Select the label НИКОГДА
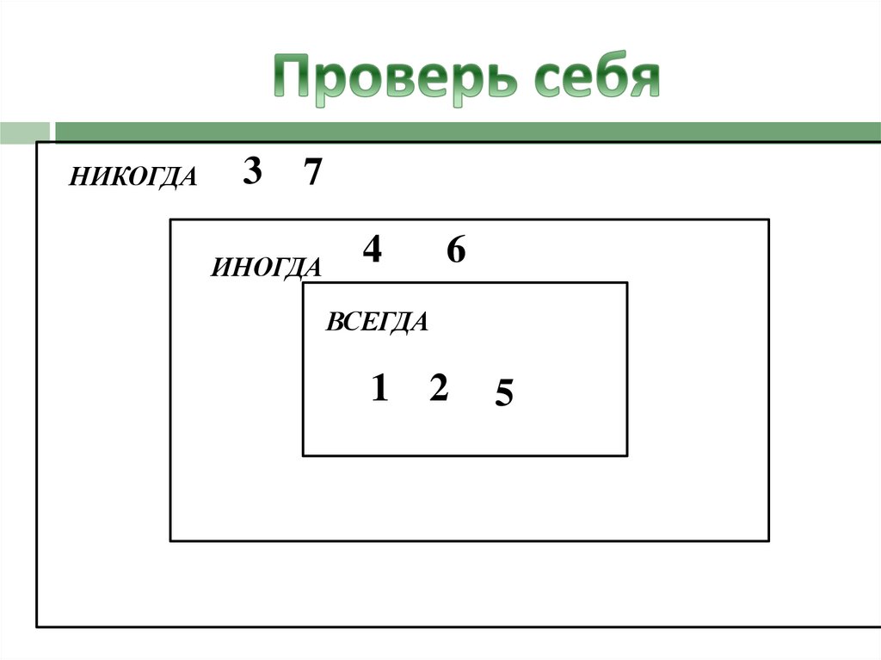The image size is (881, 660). pos(133,177)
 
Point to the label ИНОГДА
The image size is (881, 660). pos(266,268)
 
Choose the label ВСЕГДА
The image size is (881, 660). pos(376,323)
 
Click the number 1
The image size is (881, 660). pos(379,390)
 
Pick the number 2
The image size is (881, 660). pos(438,390)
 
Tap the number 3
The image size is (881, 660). pos(252,173)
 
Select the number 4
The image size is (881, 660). pos(372,250)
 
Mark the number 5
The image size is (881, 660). pos(504,395)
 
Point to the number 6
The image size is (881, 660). pos(456,251)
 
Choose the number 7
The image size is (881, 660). pos(312,174)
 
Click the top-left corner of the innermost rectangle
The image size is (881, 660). pos(303,283)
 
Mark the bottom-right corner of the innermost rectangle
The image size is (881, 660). pos(626,455)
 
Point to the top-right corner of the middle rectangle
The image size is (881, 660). pos(768,220)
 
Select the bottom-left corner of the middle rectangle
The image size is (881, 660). pos(170,540)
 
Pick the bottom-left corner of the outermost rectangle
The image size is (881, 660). pos(37,626)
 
